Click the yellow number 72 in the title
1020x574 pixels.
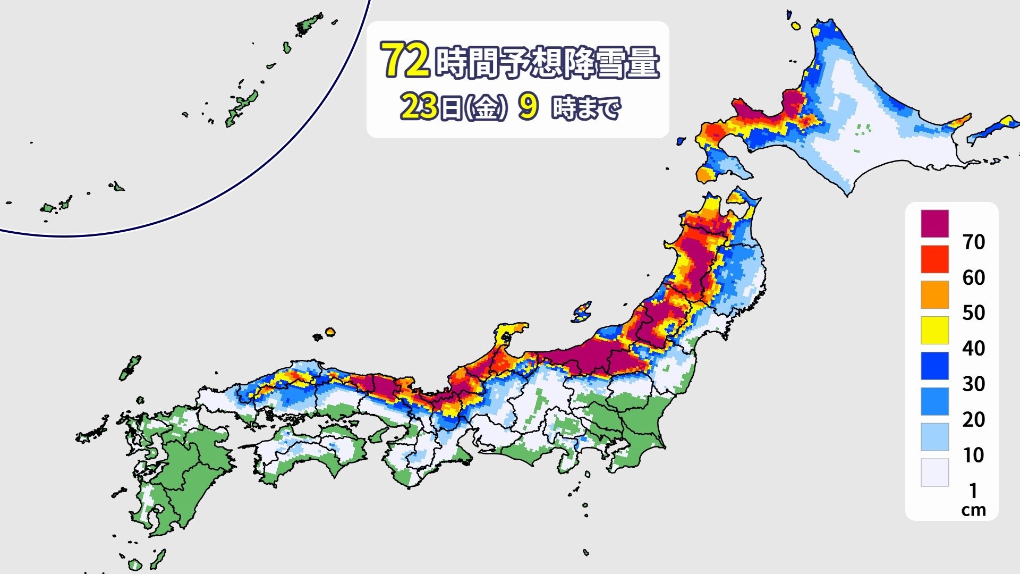[x=405, y=60]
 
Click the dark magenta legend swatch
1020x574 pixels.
[x=934, y=223]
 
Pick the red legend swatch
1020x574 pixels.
[x=934, y=259]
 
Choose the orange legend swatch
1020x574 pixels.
[x=934, y=294]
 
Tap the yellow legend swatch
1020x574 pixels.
[x=934, y=330]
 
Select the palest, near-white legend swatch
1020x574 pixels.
[x=934, y=472]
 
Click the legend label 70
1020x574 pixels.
[x=973, y=242]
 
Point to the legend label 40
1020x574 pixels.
[x=973, y=349]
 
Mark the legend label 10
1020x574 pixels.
[x=973, y=455]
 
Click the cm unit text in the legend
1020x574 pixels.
[x=973, y=510]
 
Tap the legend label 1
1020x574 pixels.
[x=973, y=490]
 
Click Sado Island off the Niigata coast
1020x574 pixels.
[x=582, y=312]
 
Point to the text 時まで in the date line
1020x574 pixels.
[x=586, y=109]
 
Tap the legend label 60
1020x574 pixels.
[x=973, y=278]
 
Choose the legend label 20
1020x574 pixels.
[x=973, y=420]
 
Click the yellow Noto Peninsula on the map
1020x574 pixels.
[x=510, y=335]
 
